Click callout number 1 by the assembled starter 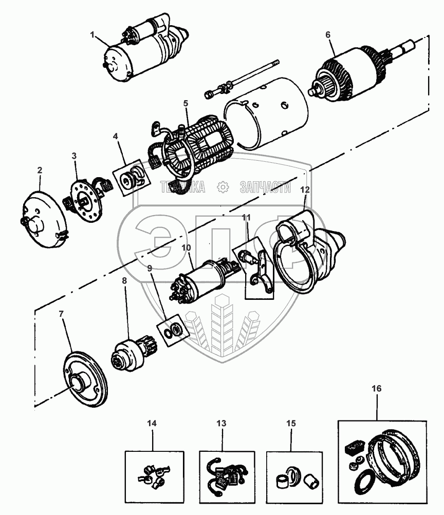93,35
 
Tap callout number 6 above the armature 328,35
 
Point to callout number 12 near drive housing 305,189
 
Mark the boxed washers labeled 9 172,330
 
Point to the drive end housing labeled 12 308,252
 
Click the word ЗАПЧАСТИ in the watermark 265,187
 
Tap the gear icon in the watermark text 223,187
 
